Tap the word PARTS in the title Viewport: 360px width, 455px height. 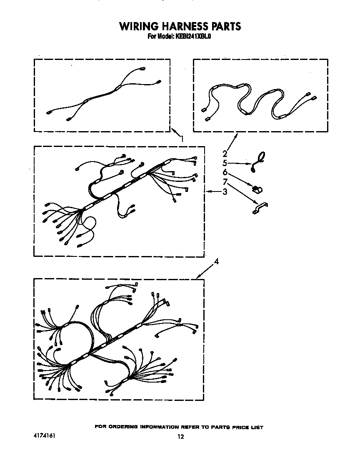224,27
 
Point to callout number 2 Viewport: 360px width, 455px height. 225,153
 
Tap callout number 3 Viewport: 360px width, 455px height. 225,192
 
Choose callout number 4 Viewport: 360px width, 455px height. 216,261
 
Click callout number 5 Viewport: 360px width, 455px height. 225,163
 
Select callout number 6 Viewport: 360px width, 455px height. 225,172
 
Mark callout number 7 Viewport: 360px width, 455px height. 225,182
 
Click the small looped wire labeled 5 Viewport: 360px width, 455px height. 259,162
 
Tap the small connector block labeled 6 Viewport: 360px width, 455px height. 257,189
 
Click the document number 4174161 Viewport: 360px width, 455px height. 45,435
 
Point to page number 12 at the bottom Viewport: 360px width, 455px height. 180,437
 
